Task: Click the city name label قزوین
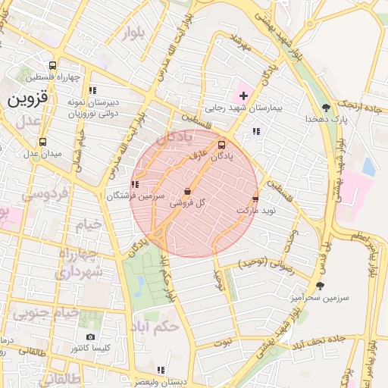point(28,99)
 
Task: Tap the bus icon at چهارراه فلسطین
point(52,65)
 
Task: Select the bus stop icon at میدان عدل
point(42,142)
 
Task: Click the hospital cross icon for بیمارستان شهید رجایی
point(243,95)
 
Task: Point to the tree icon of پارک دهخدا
point(326,107)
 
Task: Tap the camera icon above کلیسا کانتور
point(91,336)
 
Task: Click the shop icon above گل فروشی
point(188,192)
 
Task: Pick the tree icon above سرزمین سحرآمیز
point(320,286)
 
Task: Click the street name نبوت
point(224,343)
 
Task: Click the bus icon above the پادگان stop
point(221,144)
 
